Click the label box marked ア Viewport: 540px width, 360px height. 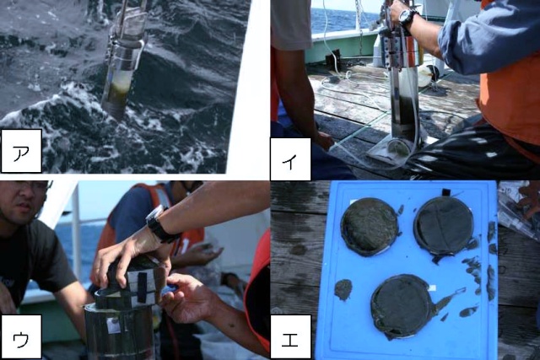(x=21, y=151)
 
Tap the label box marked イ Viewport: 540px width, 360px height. (x=290, y=159)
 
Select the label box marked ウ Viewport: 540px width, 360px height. (x=21, y=336)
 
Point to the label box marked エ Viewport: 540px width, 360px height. (x=290, y=336)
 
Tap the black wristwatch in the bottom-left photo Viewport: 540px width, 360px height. (x=161, y=223)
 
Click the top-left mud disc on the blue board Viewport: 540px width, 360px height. (x=370, y=227)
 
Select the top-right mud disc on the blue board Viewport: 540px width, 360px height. (x=444, y=226)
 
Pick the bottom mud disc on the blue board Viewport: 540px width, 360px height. (x=402, y=305)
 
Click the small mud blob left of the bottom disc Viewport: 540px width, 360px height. (x=343, y=289)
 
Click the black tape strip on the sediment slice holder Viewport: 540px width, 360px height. (x=142, y=287)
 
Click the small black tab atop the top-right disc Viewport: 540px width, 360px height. (x=446, y=193)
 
